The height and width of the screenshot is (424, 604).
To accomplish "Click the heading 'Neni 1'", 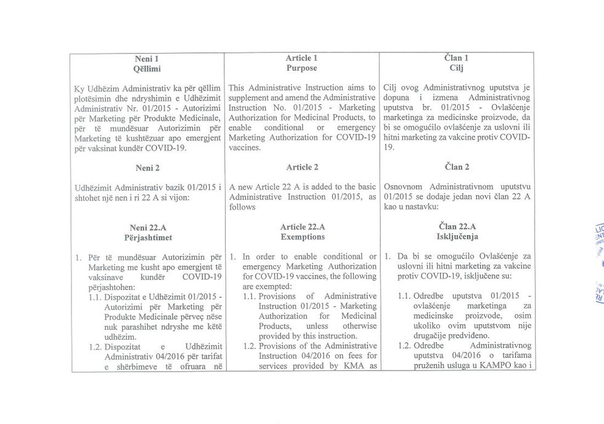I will (147, 58).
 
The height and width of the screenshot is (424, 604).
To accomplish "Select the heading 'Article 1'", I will (302, 58).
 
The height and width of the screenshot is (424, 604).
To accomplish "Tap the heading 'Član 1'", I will (457, 58).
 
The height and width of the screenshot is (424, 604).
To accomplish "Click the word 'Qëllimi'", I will (147, 68).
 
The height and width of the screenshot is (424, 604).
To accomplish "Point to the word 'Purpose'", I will (302, 68).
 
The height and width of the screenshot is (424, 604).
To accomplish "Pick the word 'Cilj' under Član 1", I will (457, 68).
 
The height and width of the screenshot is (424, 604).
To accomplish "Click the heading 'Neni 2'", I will (147, 167).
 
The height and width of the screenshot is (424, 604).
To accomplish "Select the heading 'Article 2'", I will (302, 167).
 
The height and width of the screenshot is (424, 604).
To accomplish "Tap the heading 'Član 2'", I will (457, 167).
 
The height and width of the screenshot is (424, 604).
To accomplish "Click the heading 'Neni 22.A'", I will (147, 226).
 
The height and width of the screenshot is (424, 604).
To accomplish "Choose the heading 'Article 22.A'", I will (302, 226).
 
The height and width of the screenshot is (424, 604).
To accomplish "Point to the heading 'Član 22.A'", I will (457, 226).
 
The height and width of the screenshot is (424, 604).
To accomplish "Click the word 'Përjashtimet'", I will (147, 236).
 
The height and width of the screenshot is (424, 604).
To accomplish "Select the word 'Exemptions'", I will (302, 236).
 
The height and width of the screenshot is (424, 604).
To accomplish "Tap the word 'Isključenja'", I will (457, 236).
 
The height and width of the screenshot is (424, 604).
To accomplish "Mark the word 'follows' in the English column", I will (243, 207).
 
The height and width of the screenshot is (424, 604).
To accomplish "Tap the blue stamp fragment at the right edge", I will (598, 258).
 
